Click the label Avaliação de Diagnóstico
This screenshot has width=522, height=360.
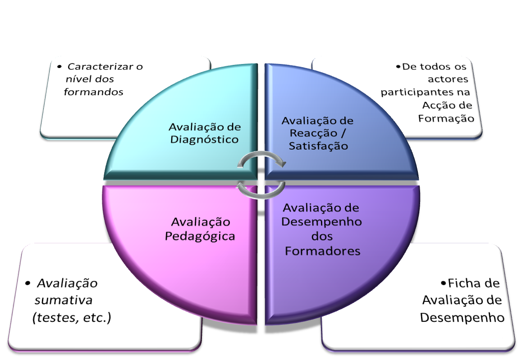(x=205, y=133)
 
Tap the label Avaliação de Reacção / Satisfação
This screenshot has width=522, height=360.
(x=318, y=133)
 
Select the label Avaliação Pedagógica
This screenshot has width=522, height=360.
(x=200, y=229)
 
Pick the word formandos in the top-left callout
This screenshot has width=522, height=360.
(x=94, y=92)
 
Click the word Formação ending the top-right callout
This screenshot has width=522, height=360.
(x=446, y=118)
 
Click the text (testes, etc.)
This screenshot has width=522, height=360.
(x=72, y=318)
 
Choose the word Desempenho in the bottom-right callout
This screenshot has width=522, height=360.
(x=462, y=317)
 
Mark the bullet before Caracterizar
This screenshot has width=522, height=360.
(x=60, y=67)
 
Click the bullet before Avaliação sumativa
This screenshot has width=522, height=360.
(x=28, y=283)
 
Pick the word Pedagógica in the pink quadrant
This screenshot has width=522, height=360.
(x=200, y=236)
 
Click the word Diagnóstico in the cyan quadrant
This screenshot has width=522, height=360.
(x=205, y=139)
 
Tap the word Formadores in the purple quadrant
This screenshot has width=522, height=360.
(x=323, y=251)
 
